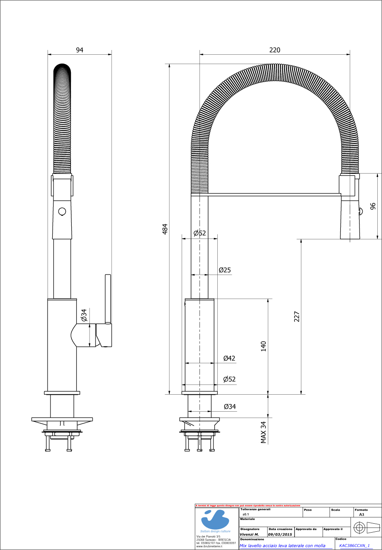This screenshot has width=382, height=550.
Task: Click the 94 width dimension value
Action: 79,50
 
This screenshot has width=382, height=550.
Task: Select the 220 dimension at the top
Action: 275,50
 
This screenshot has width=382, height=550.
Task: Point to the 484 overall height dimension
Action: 166,228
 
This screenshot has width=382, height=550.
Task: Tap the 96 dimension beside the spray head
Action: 373,206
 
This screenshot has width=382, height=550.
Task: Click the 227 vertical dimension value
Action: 297,317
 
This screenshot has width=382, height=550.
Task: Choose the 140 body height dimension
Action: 263,346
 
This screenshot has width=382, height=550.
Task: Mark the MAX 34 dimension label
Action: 263,432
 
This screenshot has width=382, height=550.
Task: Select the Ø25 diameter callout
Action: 225,270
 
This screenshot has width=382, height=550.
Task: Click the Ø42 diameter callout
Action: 229,358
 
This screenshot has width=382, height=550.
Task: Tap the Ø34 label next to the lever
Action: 84,315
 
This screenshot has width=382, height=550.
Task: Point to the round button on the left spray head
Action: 62,211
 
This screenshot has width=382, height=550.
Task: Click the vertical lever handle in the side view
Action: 108,299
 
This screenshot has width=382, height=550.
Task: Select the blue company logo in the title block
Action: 216,519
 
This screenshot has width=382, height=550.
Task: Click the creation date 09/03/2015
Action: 280,534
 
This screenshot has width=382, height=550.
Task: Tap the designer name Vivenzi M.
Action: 250,534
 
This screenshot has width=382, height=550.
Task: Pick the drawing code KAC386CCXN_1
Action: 354,546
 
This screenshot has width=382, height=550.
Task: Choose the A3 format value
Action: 362,514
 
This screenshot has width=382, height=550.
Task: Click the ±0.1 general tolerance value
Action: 245,514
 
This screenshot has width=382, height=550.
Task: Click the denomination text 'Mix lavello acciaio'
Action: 282,546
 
